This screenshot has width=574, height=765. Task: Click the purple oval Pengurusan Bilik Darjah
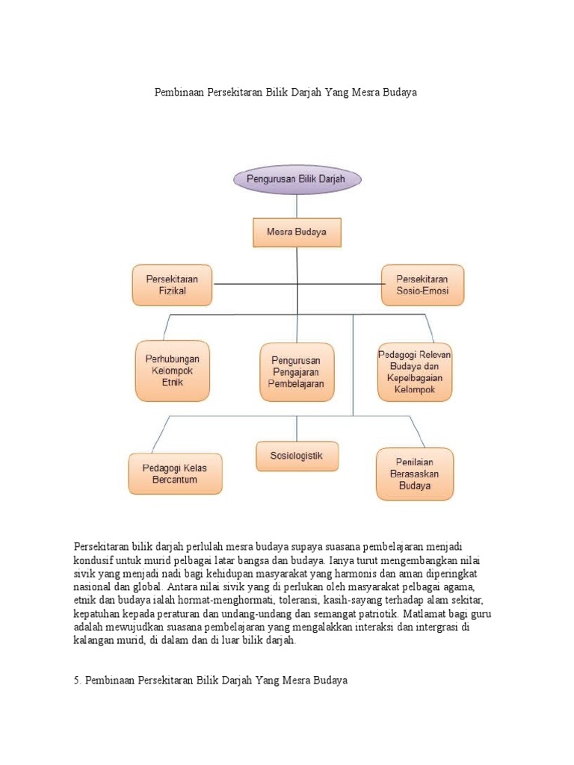[x=297, y=179]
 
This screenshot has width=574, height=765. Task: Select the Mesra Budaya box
[x=297, y=232]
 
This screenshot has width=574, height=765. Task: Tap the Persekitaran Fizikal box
[x=172, y=285]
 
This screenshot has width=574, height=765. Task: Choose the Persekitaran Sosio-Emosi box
[x=422, y=285]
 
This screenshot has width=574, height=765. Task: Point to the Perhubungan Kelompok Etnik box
[x=172, y=371]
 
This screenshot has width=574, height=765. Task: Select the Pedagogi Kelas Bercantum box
[x=175, y=474]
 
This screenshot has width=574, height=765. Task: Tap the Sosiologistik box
[x=297, y=456]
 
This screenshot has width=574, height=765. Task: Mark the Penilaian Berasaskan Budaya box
[x=414, y=474]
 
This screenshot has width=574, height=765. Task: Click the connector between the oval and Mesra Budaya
[x=297, y=206]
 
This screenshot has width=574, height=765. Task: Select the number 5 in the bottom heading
[x=77, y=681]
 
